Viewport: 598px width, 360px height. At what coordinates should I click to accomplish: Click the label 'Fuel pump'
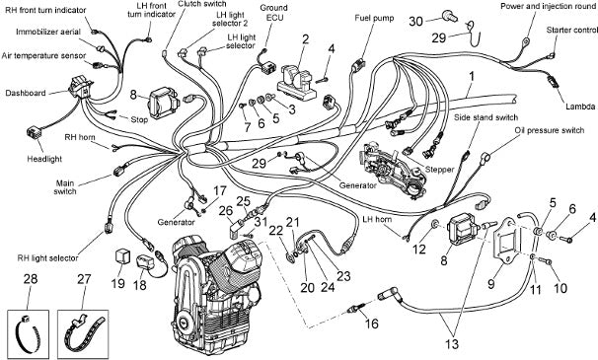(x=374, y=18)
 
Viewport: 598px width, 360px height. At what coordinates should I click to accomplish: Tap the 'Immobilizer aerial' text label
(x=48, y=32)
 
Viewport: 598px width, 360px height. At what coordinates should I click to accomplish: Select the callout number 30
(x=416, y=22)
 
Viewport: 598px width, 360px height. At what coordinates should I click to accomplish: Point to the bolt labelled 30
(x=450, y=16)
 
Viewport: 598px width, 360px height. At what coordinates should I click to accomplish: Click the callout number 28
(x=31, y=279)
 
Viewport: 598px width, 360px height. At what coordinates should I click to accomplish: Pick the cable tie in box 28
(x=29, y=333)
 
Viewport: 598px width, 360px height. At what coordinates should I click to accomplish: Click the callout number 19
(x=118, y=283)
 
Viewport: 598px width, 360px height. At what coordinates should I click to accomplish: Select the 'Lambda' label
(x=580, y=107)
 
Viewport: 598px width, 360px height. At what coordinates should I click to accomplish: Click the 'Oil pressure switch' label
(x=550, y=130)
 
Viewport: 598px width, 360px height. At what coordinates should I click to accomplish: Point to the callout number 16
(x=371, y=324)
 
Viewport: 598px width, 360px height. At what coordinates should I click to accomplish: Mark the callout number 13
(x=452, y=344)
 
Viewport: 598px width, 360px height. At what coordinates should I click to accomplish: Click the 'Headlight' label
(x=44, y=159)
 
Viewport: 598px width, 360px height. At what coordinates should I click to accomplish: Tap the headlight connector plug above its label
(x=34, y=133)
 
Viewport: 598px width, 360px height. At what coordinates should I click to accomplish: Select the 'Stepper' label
(x=439, y=170)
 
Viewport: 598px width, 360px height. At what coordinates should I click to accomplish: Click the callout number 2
(x=305, y=38)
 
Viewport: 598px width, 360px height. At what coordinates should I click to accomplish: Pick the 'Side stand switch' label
(x=486, y=117)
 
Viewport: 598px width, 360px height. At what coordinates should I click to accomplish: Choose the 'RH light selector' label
(x=47, y=258)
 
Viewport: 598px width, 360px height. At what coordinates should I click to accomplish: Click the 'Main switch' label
(x=65, y=187)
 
